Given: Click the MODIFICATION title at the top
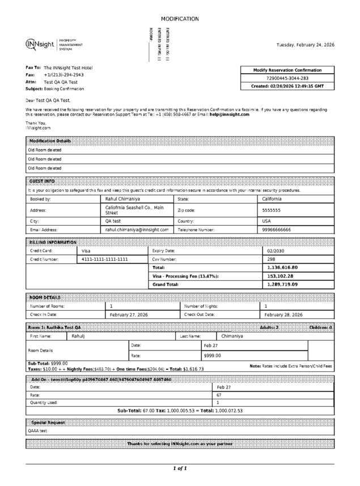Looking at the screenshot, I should click(180, 19).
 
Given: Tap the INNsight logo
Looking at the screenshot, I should click(40, 44).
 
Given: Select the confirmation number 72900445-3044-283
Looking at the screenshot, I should click(287, 78).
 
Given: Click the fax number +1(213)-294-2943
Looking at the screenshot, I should click(63, 74).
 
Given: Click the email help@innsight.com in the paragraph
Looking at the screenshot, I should click(230, 115).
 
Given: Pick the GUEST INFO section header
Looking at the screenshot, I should click(42, 181).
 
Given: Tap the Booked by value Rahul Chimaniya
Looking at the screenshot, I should click(124, 199).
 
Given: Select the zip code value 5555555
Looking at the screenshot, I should click(271, 210).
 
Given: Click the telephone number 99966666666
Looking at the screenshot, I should click(276, 230).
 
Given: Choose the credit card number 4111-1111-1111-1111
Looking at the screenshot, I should click(105, 259).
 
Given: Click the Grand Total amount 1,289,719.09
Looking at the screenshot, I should click(282, 285).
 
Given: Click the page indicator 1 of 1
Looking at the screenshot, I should click(180, 468).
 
